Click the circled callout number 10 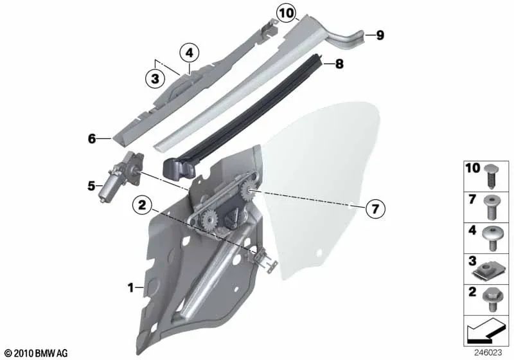pyautogui.click(x=287, y=12)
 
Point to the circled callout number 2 pyautogui.click(x=143, y=206)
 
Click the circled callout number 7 pyautogui.click(x=376, y=208)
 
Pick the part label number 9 pyautogui.click(x=380, y=35)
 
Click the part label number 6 pyautogui.click(x=92, y=138)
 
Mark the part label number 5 pyautogui.click(x=91, y=186)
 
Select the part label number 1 pyautogui.click(x=131, y=289)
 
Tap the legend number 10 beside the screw pyautogui.click(x=472, y=168)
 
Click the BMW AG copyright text pyautogui.click(x=36, y=353)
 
